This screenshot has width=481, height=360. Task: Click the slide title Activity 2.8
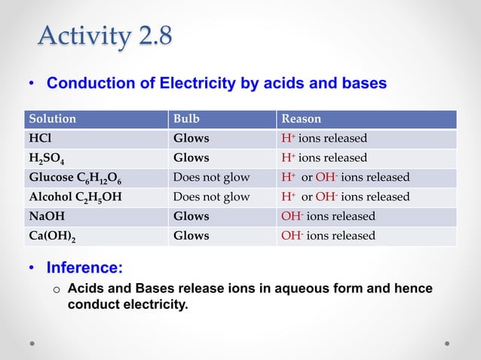[x=105, y=36]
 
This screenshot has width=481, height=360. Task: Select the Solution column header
[x=52, y=119]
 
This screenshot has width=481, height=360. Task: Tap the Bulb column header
[x=187, y=119]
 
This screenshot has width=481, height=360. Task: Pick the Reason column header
[x=301, y=119]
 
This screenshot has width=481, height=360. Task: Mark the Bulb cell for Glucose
[x=211, y=178]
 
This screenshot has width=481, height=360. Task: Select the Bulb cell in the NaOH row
[x=191, y=216]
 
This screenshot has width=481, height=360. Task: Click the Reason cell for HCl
[x=324, y=139]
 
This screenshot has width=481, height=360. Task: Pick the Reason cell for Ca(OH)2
[x=328, y=236]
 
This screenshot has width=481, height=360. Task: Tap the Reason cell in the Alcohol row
[x=345, y=197]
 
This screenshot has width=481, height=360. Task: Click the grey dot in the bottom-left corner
[x=32, y=343]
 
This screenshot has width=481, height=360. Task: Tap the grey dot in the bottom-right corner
[x=447, y=343]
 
